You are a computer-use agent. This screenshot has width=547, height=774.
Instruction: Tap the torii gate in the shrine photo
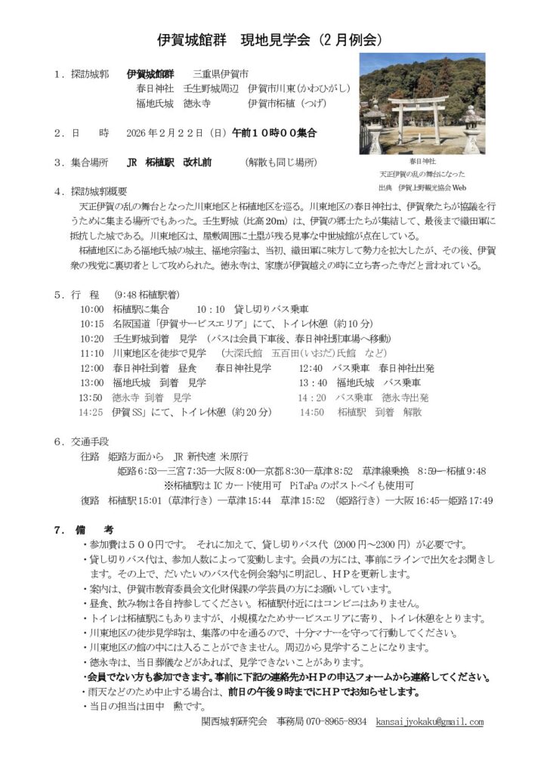(x=419, y=113)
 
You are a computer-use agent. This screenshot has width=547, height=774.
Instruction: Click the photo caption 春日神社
(x=422, y=161)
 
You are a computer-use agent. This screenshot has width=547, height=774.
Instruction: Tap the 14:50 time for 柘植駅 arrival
(x=312, y=412)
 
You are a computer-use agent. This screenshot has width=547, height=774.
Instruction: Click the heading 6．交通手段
(x=82, y=441)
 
